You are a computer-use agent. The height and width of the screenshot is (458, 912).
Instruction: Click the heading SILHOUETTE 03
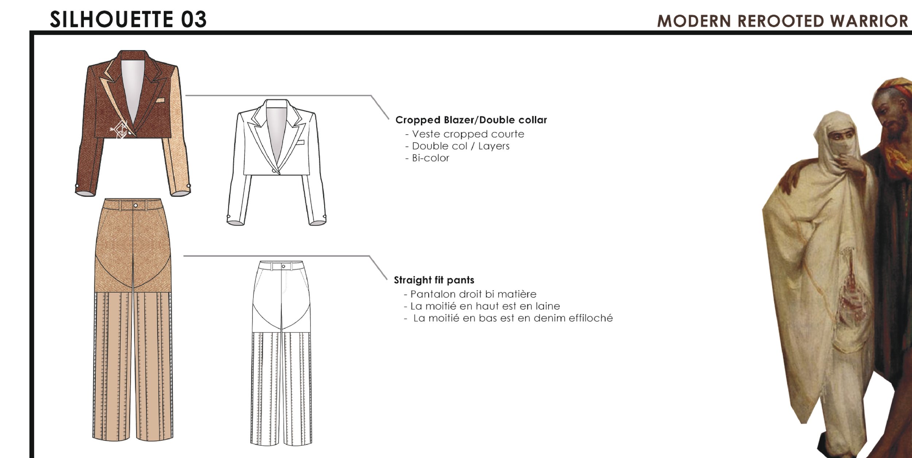(128, 19)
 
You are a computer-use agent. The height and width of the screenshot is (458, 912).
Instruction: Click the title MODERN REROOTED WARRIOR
(782, 21)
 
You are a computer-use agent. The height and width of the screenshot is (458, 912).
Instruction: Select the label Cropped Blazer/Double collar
(471, 120)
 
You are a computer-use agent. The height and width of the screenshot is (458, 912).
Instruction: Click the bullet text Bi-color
(430, 158)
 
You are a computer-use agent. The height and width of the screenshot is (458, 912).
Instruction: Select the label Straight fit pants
(434, 280)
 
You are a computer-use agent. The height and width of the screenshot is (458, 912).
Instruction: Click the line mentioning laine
(485, 306)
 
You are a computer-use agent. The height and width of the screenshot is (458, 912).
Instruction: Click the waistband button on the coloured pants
(136, 206)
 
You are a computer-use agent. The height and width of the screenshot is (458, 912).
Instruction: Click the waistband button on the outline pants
(283, 267)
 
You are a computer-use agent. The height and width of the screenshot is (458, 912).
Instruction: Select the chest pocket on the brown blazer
(160, 100)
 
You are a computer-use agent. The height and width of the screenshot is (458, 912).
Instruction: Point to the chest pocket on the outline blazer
(300, 142)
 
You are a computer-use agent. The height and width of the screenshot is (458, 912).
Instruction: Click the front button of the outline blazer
(274, 171)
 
